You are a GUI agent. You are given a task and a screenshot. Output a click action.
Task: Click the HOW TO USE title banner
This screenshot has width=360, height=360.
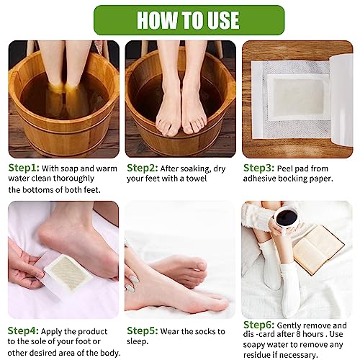(179, 19)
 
